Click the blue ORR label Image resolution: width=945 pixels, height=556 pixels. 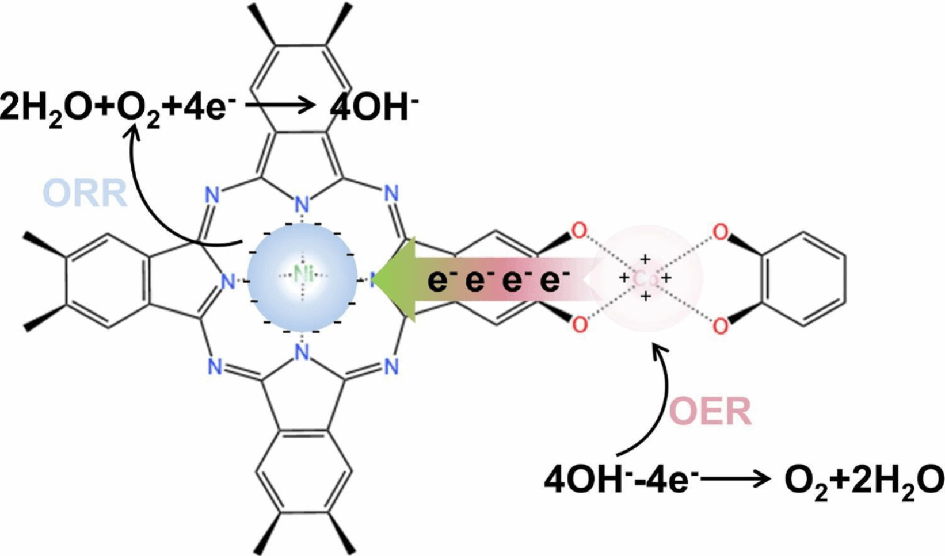click(85, 194)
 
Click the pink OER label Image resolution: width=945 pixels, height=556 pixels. click(711, 412)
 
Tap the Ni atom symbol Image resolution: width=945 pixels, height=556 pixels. click(303, 275)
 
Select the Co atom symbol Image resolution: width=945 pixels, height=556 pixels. click(645, 279)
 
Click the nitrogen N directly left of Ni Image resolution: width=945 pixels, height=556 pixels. click(228, 281)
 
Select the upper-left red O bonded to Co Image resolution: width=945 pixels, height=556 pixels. click(579, 231)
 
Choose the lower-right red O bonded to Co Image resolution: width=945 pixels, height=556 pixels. click(720, 326)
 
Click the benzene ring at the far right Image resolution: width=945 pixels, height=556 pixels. click(803, 279)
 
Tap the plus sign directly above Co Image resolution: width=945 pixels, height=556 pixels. click(646, 259)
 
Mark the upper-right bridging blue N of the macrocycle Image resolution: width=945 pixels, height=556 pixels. click(391, 194)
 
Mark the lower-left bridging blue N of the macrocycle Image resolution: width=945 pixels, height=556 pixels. click(214, 366)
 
